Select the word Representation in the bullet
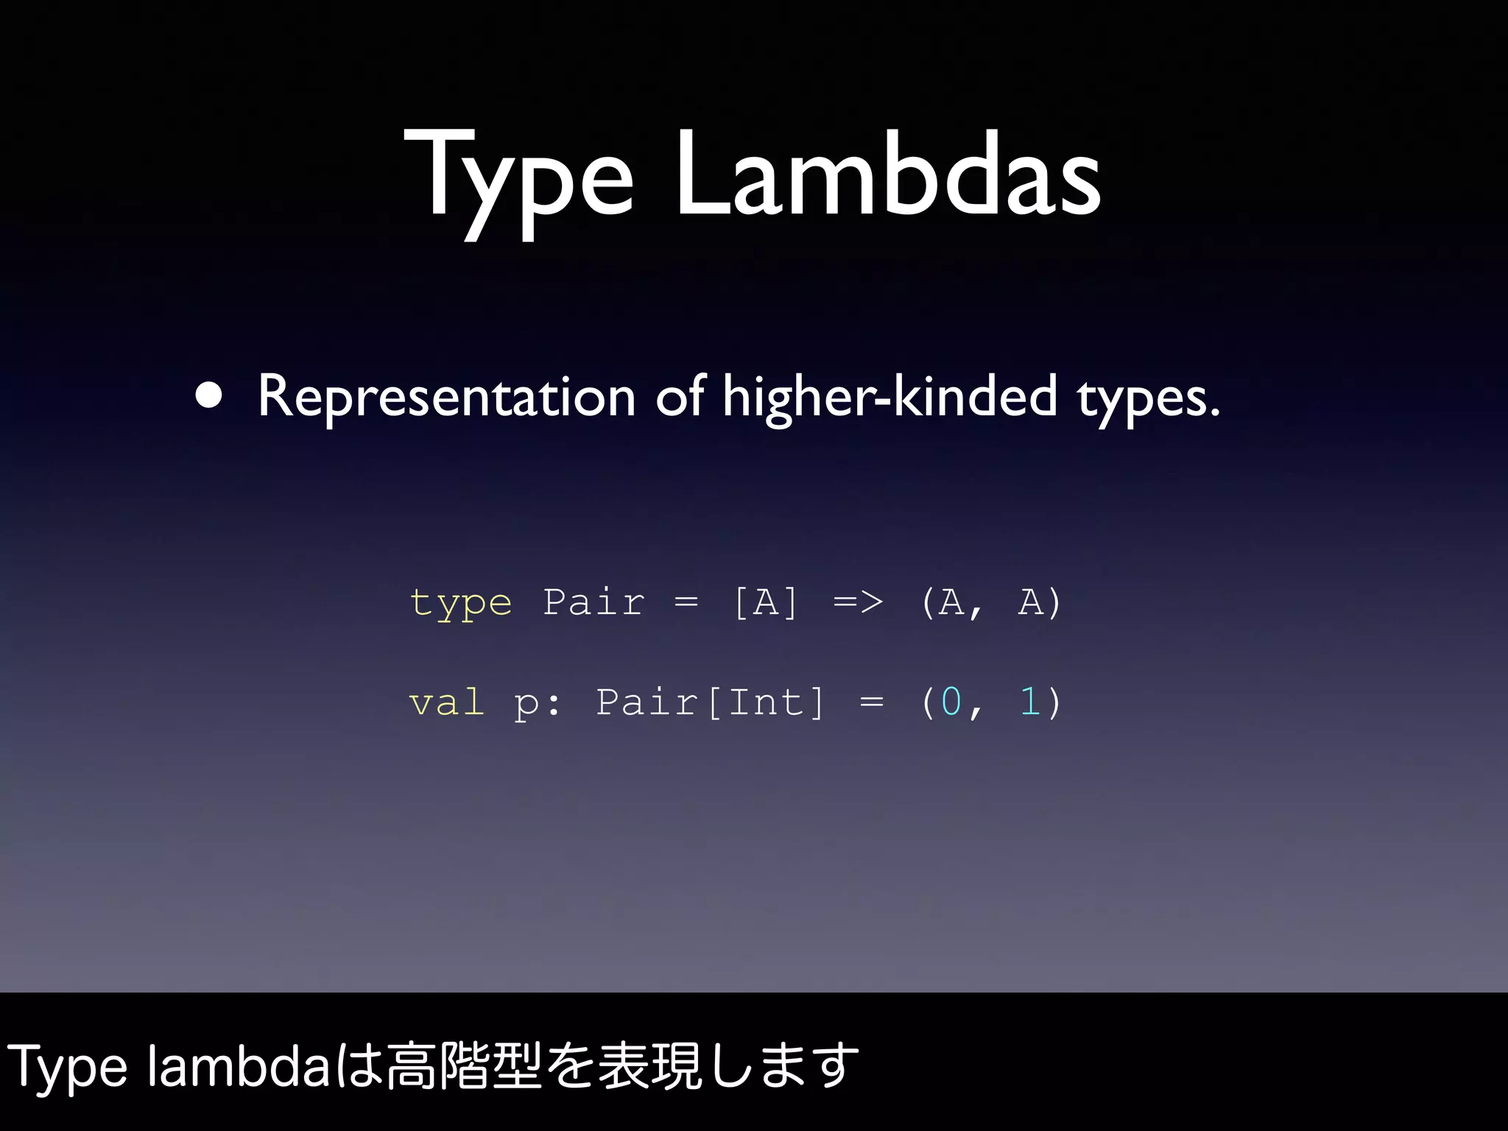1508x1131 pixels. pyautogui.click(x=446, y=396)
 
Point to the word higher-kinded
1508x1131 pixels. pyautogui.click(x=889, y=396)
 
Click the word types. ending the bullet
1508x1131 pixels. pyautogui.click(x=1149, y=398)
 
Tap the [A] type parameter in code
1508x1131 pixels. pyautogui.click(x=766, y=602)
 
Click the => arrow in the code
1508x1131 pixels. pyautogui.click(x=859, y=602)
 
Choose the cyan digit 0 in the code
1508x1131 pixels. pyautogui.click(x=951, y=701)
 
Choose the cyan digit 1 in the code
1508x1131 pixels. pyautogui.click(x=1029, y=701)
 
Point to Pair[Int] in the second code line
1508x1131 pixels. pyautogui.click(x=710, y=701)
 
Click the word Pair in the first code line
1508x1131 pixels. pyautogui.click(x=593, y=602)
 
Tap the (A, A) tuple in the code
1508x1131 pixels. pyautogui.click(x=991, y=602)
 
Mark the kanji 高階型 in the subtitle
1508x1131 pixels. pyautogui.click(x=464, y=1066)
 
